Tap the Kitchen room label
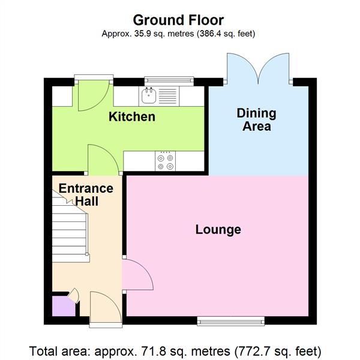tap(131, 116)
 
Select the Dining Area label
tap(256, 119)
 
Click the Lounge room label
tap(218, 229)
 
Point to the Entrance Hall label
tap(86, 195)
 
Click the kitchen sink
tap(148, 95)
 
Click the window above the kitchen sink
tap(170, 79)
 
